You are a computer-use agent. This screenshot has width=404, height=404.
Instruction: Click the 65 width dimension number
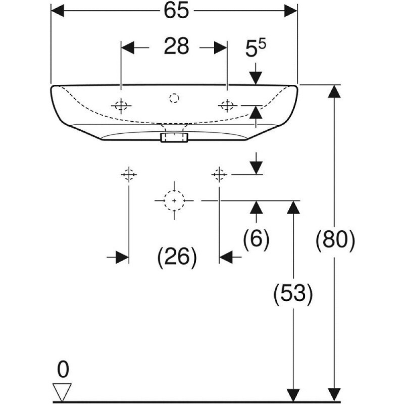pyautogui.click(x=176, y=11)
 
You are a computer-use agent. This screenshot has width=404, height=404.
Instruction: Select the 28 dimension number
pyautogui.click(x=176, y=46)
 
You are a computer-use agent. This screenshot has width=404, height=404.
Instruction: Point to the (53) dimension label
pyautogui.click(x=293, y=294)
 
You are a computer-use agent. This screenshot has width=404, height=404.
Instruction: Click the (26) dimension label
pyautogui.click(x=177, y=257)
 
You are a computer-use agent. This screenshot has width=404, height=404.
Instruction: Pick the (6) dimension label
pyautogui.click(x=256, y=238)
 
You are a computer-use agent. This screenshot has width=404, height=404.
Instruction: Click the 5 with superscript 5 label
pyautogui.click(x=256, y=48)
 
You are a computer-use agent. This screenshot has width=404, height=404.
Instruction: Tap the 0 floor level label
pyautogui.click(x=63, y=369)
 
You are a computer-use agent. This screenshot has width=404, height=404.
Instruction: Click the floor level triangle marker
pyautogui.click(x=62, y=391)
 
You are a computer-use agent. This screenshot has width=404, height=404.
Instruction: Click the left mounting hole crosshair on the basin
pyautogui.click(x=121, y=106)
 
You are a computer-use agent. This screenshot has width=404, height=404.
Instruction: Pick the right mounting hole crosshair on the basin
pyautogui.click(x=227, y=106)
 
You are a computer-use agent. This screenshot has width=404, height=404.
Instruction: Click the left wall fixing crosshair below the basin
pyautogui.click(x=129, y=174)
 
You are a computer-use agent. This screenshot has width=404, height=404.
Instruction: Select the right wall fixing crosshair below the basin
pyautogui.click(x=219, y=174)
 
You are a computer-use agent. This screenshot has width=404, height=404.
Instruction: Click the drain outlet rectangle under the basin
pyautogui.click(x=174, y=137)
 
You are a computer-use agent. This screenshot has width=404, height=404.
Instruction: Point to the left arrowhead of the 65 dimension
pyautogui.click(x=58, y=11)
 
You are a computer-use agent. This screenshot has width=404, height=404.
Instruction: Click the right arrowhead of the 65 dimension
pyautogui.click(x=291, y=11)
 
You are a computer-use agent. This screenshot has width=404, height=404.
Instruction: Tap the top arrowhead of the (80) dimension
pyautogui.click(x=334, y=91)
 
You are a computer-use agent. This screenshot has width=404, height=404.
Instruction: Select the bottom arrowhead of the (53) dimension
pyautogui.click(x=293, y=395)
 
